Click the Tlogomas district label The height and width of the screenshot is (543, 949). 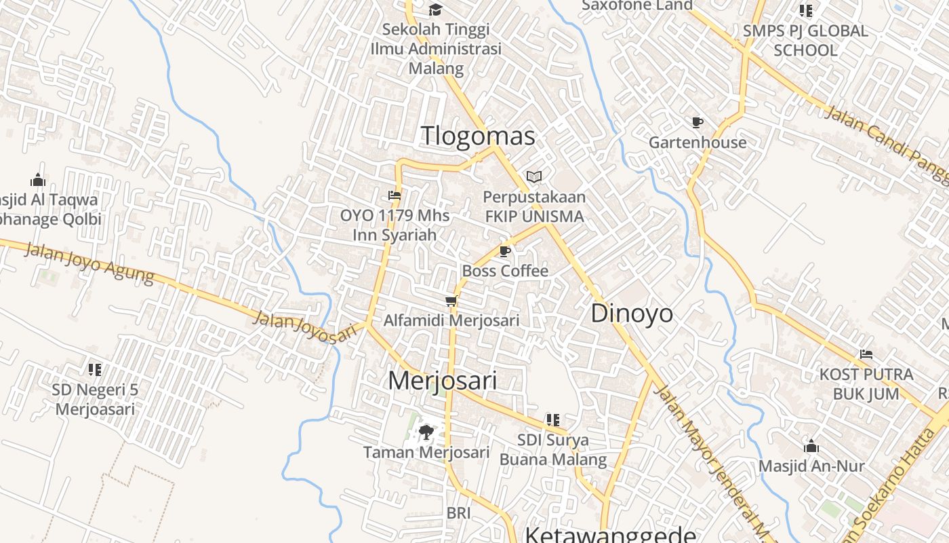point(478,136)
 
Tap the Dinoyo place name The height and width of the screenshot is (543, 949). point(632,314)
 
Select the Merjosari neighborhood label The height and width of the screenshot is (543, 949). point(442,380)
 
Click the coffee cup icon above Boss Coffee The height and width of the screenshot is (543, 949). point(504,252)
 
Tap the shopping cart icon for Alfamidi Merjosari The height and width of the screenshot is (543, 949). point(451,301)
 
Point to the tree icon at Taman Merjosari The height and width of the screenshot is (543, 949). point(426,432)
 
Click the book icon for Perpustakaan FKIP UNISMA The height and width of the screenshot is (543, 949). point(534,177)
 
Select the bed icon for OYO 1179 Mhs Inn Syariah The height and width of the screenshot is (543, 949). point(395,195)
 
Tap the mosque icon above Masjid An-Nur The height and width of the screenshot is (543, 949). point(811,446)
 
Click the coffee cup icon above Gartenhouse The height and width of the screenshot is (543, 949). point(698,122)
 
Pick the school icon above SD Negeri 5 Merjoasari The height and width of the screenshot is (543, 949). point(95,370)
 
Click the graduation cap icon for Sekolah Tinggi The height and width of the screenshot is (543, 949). point(435,10)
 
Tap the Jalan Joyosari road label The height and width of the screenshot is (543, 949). point(304,326)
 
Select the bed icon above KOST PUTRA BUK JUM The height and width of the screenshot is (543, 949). point(866,354)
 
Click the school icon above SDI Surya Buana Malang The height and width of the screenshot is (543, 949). point(553,420)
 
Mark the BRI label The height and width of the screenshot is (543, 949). point(458,513)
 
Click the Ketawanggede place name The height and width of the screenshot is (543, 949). point(610,535)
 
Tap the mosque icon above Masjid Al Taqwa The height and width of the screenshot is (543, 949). point(38,180)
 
